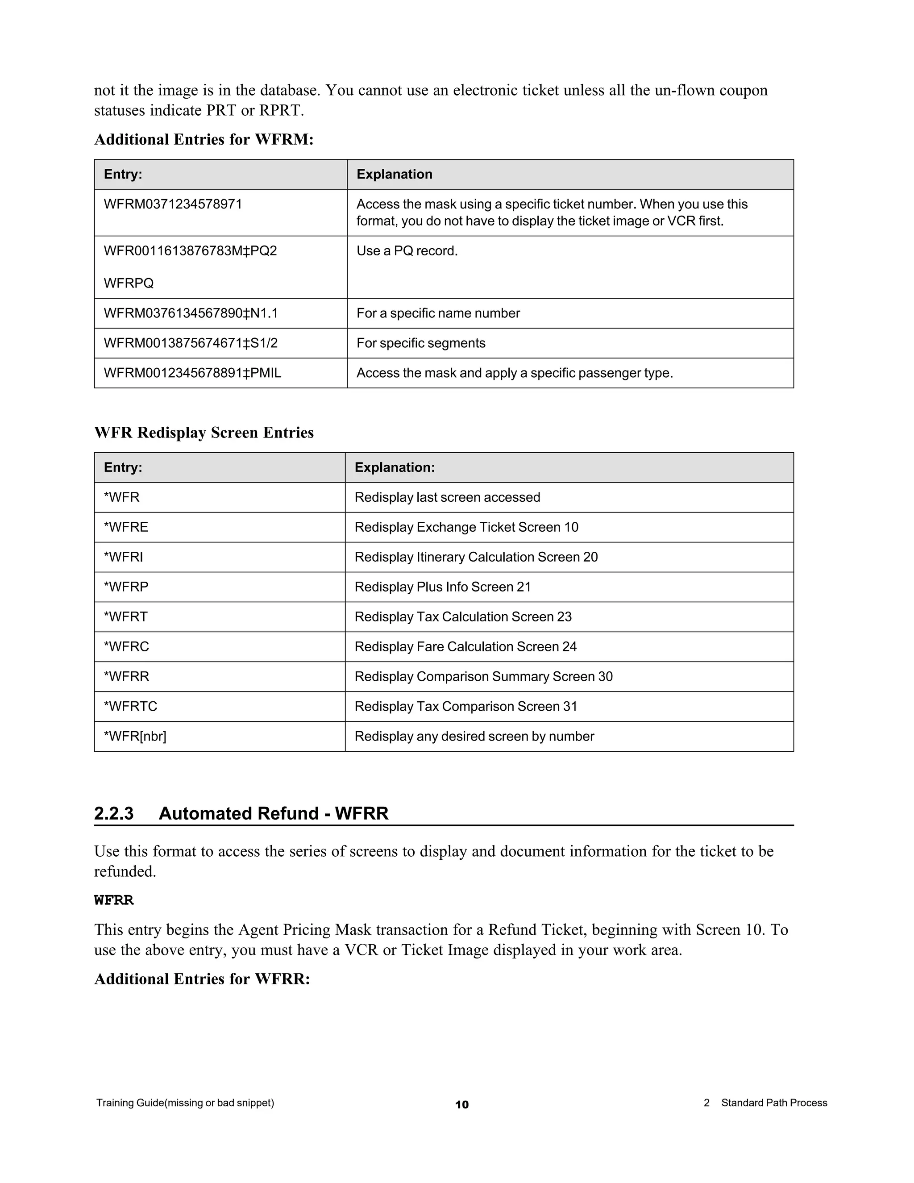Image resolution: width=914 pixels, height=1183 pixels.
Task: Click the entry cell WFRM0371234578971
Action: pos(173,204)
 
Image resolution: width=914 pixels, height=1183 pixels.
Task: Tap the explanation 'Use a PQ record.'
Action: pos(407,251)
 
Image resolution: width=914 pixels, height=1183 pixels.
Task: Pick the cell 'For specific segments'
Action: pos(421,343)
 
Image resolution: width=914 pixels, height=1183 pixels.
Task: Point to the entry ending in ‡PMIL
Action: pos(192,373)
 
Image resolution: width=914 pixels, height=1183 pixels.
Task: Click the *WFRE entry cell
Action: pos(126,527)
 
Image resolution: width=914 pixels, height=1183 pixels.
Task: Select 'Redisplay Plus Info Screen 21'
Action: pos(442,587)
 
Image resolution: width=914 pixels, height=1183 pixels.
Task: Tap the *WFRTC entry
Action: pos(130,706)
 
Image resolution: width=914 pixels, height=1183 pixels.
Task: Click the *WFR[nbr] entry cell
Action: pos(135,736)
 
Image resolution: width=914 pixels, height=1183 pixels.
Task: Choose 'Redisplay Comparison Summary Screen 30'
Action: pos(483,676)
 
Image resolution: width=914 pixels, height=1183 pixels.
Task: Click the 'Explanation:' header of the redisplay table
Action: pos(394,467)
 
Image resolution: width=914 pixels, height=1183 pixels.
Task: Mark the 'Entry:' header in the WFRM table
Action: pos(123,175)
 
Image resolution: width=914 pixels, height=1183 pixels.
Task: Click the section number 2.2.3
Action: pos(114,813)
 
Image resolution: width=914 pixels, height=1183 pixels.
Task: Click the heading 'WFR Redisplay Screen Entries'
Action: pos(204,433)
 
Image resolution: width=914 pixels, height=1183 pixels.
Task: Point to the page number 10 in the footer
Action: pos(462,1105)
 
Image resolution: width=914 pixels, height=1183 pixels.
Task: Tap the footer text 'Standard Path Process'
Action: pos(774,1103)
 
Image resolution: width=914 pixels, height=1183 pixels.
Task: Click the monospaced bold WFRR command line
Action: pos(114,900)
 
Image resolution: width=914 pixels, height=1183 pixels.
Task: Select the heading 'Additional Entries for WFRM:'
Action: pos(204,140)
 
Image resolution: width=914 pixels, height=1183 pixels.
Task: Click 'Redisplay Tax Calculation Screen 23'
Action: pos(463,617)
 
